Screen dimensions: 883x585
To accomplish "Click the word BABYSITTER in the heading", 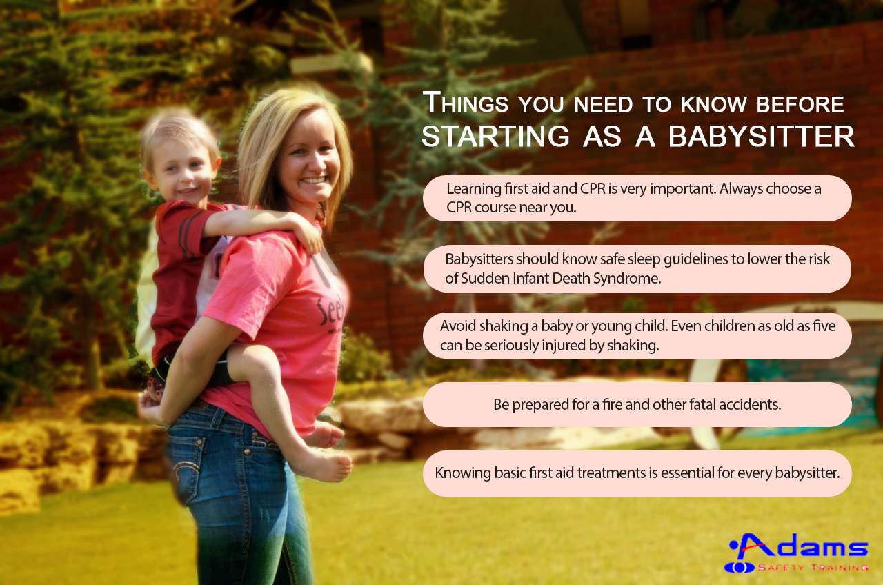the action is click(x=761, y=137).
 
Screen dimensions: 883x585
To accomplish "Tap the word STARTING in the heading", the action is click(x=495, y=137).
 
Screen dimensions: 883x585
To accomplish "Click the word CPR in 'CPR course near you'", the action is click(x=459, y=208).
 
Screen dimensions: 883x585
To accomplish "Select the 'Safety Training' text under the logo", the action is click(x=813, y=568).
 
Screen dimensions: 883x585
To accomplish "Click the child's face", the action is click(x=181, y=172).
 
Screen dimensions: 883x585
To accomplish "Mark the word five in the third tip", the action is click(x=824, y=326).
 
